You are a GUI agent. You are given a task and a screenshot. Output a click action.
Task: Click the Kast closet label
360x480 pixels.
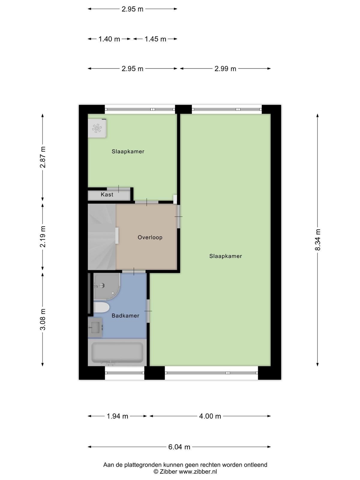[107, 194]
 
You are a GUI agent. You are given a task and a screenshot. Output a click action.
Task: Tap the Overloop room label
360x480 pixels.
[150, 237]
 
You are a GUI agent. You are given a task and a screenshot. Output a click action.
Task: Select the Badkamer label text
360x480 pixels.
[125, 316]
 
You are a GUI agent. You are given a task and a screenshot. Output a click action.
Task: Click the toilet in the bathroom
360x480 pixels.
[101, 308]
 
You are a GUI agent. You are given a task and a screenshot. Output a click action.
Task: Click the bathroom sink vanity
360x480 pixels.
[95, 327]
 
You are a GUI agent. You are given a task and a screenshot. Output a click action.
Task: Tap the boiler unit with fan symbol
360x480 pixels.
[97, 128]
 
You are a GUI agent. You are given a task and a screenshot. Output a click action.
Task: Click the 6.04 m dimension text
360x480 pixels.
[179, 447]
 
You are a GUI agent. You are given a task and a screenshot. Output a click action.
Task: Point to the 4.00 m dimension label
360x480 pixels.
[210, 416]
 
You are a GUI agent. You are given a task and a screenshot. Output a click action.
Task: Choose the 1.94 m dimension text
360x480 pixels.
[117, 416]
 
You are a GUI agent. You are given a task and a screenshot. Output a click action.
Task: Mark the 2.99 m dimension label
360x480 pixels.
[225, 69]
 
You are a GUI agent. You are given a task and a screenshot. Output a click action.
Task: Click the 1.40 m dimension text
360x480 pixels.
[109, 39]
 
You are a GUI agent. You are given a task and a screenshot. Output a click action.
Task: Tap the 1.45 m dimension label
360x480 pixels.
[155, 39]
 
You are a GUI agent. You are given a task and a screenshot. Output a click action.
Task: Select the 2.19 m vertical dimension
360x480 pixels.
[43, 237]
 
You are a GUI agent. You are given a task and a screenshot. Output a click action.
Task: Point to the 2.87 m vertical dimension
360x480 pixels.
[43, 157]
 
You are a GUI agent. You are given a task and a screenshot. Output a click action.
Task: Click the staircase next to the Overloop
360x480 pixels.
[102, 237]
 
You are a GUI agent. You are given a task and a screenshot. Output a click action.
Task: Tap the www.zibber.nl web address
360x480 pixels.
[198, 472]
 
